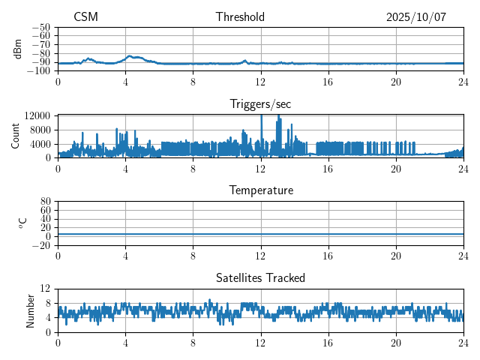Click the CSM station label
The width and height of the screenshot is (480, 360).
click(85, 17)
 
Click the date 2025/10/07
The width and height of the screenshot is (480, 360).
click(416, 17)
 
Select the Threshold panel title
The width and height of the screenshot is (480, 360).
click(240, 17)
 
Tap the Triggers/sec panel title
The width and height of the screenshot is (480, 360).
click(261, 104)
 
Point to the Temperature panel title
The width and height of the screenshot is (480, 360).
click(261, 190)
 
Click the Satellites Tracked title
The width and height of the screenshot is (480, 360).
click(261, 277)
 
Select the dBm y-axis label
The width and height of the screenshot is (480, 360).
click(17, 48)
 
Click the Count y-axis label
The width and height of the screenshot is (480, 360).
click(16, 136)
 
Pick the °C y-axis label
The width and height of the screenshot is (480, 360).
click(23, 223)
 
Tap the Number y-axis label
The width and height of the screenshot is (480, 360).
click(31, 310)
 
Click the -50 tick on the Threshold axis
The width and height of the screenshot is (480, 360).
click(41, 27)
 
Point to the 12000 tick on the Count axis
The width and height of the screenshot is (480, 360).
click(37, 115)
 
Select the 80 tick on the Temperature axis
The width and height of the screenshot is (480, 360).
click(46, 202)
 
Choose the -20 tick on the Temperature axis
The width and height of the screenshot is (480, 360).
click(41, 245)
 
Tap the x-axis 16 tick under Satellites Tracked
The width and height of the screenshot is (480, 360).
click(328, 342)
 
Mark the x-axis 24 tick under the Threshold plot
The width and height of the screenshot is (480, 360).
click(463, 81)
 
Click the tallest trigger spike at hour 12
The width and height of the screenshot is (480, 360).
click(261, 116)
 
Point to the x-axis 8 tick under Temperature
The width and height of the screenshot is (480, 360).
click(193, 255)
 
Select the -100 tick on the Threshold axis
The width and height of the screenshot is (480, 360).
click(39, 71)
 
